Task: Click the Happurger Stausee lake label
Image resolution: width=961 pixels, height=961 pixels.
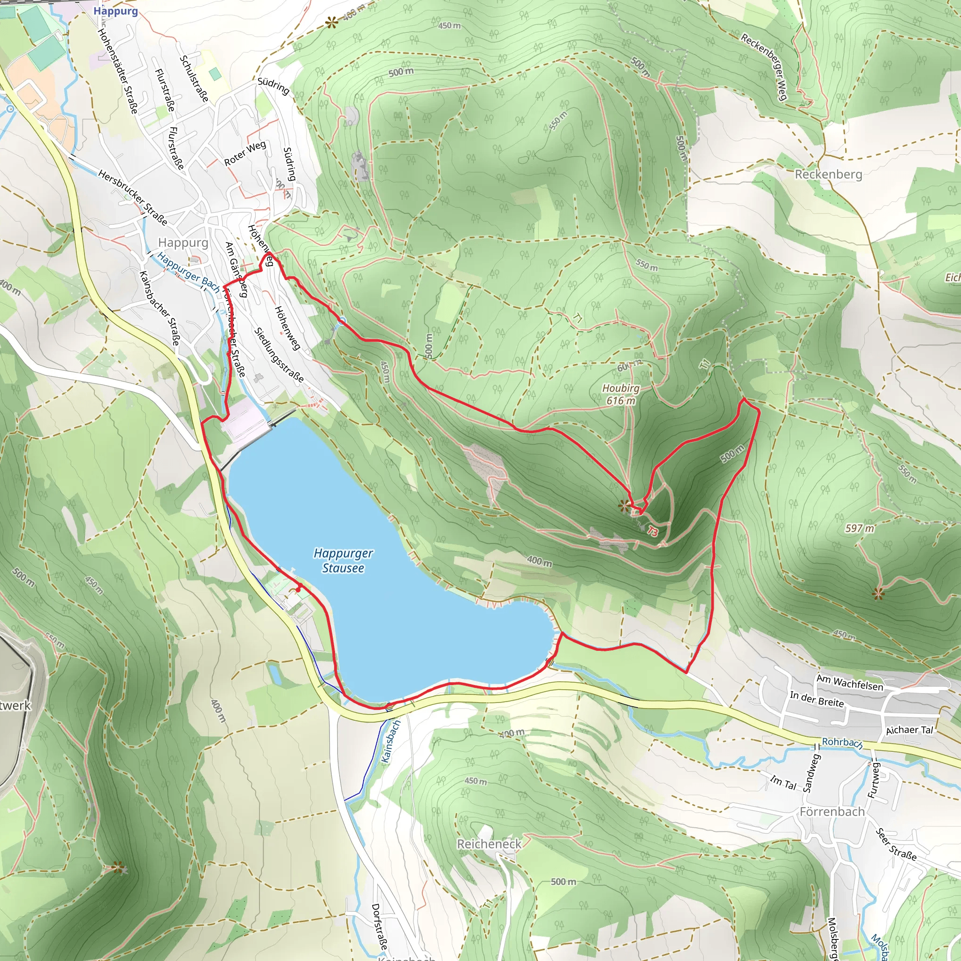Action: point(343,561)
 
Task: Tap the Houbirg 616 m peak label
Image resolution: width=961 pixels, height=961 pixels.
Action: point(621,394)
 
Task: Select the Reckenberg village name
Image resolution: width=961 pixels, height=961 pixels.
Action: point(828,174)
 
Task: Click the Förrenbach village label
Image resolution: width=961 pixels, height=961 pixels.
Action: point(832,811)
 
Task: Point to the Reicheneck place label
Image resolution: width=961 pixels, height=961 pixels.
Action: point(489,844)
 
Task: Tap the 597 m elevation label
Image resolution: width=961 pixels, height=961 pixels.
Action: point(860,528)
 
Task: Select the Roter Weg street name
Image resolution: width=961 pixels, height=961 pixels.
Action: point(245,153)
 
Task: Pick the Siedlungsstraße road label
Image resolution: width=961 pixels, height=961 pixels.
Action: point(279,355)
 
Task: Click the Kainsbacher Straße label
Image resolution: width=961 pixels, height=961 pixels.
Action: point(159,308)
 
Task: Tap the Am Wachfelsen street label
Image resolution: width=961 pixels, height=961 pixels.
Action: point(850,683)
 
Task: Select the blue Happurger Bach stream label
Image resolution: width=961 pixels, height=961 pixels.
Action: point(188,272)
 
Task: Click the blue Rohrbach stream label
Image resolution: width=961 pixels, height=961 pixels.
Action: point(842,742)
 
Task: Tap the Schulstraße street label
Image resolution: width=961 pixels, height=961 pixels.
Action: point(194,78)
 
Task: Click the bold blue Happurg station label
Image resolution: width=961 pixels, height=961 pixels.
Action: point(115,11)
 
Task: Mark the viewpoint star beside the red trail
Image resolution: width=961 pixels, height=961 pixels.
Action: point(623,506)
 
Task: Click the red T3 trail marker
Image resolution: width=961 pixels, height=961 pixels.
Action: point(653,532)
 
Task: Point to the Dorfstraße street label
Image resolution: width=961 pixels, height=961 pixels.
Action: point(379,926)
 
